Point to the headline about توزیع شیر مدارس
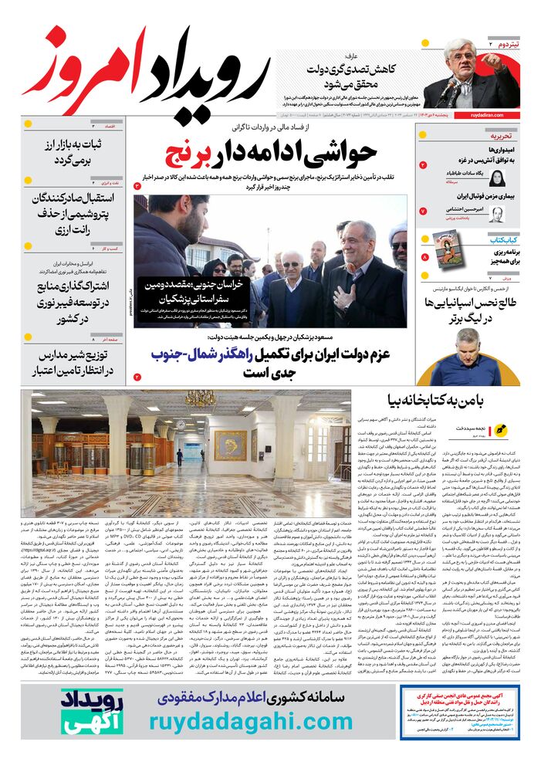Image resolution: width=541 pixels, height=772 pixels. coord(69,364)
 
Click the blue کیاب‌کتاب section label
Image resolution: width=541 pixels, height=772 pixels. coord(502,240)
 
